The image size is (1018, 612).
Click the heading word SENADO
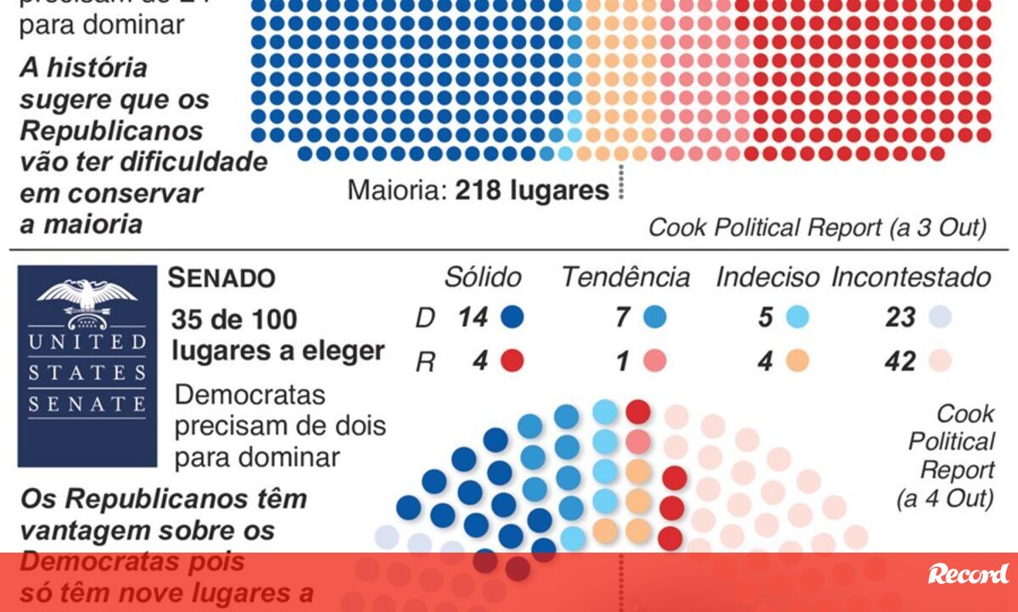click(x=221, y=278)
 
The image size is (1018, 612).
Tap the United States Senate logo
click(x=87, y=365)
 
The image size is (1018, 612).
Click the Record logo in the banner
click(x=968, y=574)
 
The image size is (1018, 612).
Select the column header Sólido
click(x=483, y=278)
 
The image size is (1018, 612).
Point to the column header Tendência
click(x=625, y=278)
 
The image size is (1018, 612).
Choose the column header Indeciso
click(x=768, y=278)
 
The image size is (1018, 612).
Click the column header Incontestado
click(x=911, y=278)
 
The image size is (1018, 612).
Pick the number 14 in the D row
click(x=473, y=318)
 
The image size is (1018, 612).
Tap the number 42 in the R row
click(x=899, y=362)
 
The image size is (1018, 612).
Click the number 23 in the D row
click(x=899, y=318)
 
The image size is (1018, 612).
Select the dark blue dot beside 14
click(x=512, y=318)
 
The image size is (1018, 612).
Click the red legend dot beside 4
click(x=512, y=362)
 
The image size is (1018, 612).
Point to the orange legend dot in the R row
click(x=797, y=362)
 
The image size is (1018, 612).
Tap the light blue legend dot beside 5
click(x=797, y=318)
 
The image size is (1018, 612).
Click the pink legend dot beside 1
click(x=654, y=362)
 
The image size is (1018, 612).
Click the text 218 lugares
click(x=532, y=191)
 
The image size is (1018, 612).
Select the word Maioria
click(x=395, y=191)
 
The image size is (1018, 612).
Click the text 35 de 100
click(x=234, y=320)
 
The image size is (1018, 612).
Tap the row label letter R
click(x=426, y=362)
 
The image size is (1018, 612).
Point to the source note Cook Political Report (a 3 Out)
click(x=817, y=227)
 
